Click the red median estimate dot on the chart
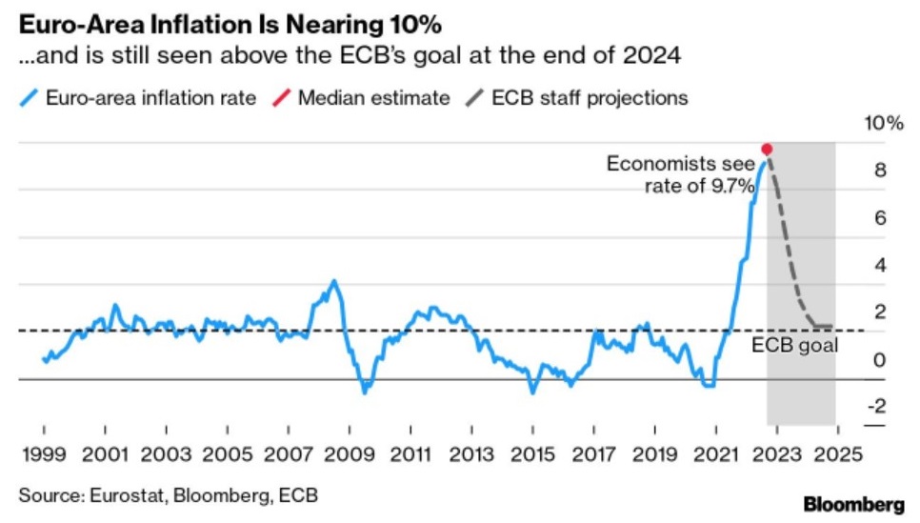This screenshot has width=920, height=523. [767, 150]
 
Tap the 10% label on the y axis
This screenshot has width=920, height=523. [882, 124]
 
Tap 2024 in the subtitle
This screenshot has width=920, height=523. [659, 55]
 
